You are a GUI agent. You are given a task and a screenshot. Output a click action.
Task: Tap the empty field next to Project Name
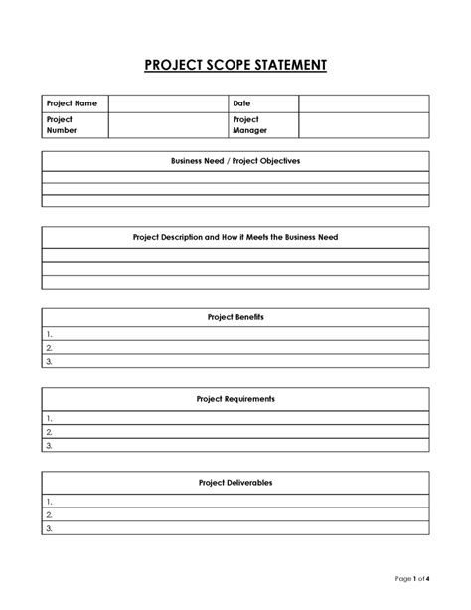click(x=168, y=102)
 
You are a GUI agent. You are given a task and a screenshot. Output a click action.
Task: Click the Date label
click(x=241, y=102)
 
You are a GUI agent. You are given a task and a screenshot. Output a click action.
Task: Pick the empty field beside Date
click(x=364, y=102)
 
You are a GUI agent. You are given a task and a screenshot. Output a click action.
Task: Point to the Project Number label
click(x=61, y=124)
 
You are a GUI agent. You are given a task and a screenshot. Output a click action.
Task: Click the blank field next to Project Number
click(x=168, y=124)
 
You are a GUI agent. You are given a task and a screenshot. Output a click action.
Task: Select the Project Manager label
click(x=249, y=124)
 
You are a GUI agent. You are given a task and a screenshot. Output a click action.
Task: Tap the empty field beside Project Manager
click(x=364, y=124)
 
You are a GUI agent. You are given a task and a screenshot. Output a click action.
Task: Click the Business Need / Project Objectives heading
click(x=235, y=160)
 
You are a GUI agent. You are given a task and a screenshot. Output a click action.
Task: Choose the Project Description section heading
click(x=235, y=238)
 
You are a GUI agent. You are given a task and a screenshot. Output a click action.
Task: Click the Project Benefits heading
click(x=235, y=316)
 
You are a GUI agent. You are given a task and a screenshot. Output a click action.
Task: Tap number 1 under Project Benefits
click(x=49, y=334)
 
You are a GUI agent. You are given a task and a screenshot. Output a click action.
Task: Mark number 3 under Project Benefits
click(x=49, y=361)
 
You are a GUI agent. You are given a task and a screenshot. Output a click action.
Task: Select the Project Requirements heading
click(x=235, y=398)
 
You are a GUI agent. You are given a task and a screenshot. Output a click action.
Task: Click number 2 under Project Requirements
click(x=49, y=432)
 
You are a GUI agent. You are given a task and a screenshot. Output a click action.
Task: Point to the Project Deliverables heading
click(x=235, y=482)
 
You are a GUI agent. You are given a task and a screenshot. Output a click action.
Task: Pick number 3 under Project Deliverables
click(x=49, y=529)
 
